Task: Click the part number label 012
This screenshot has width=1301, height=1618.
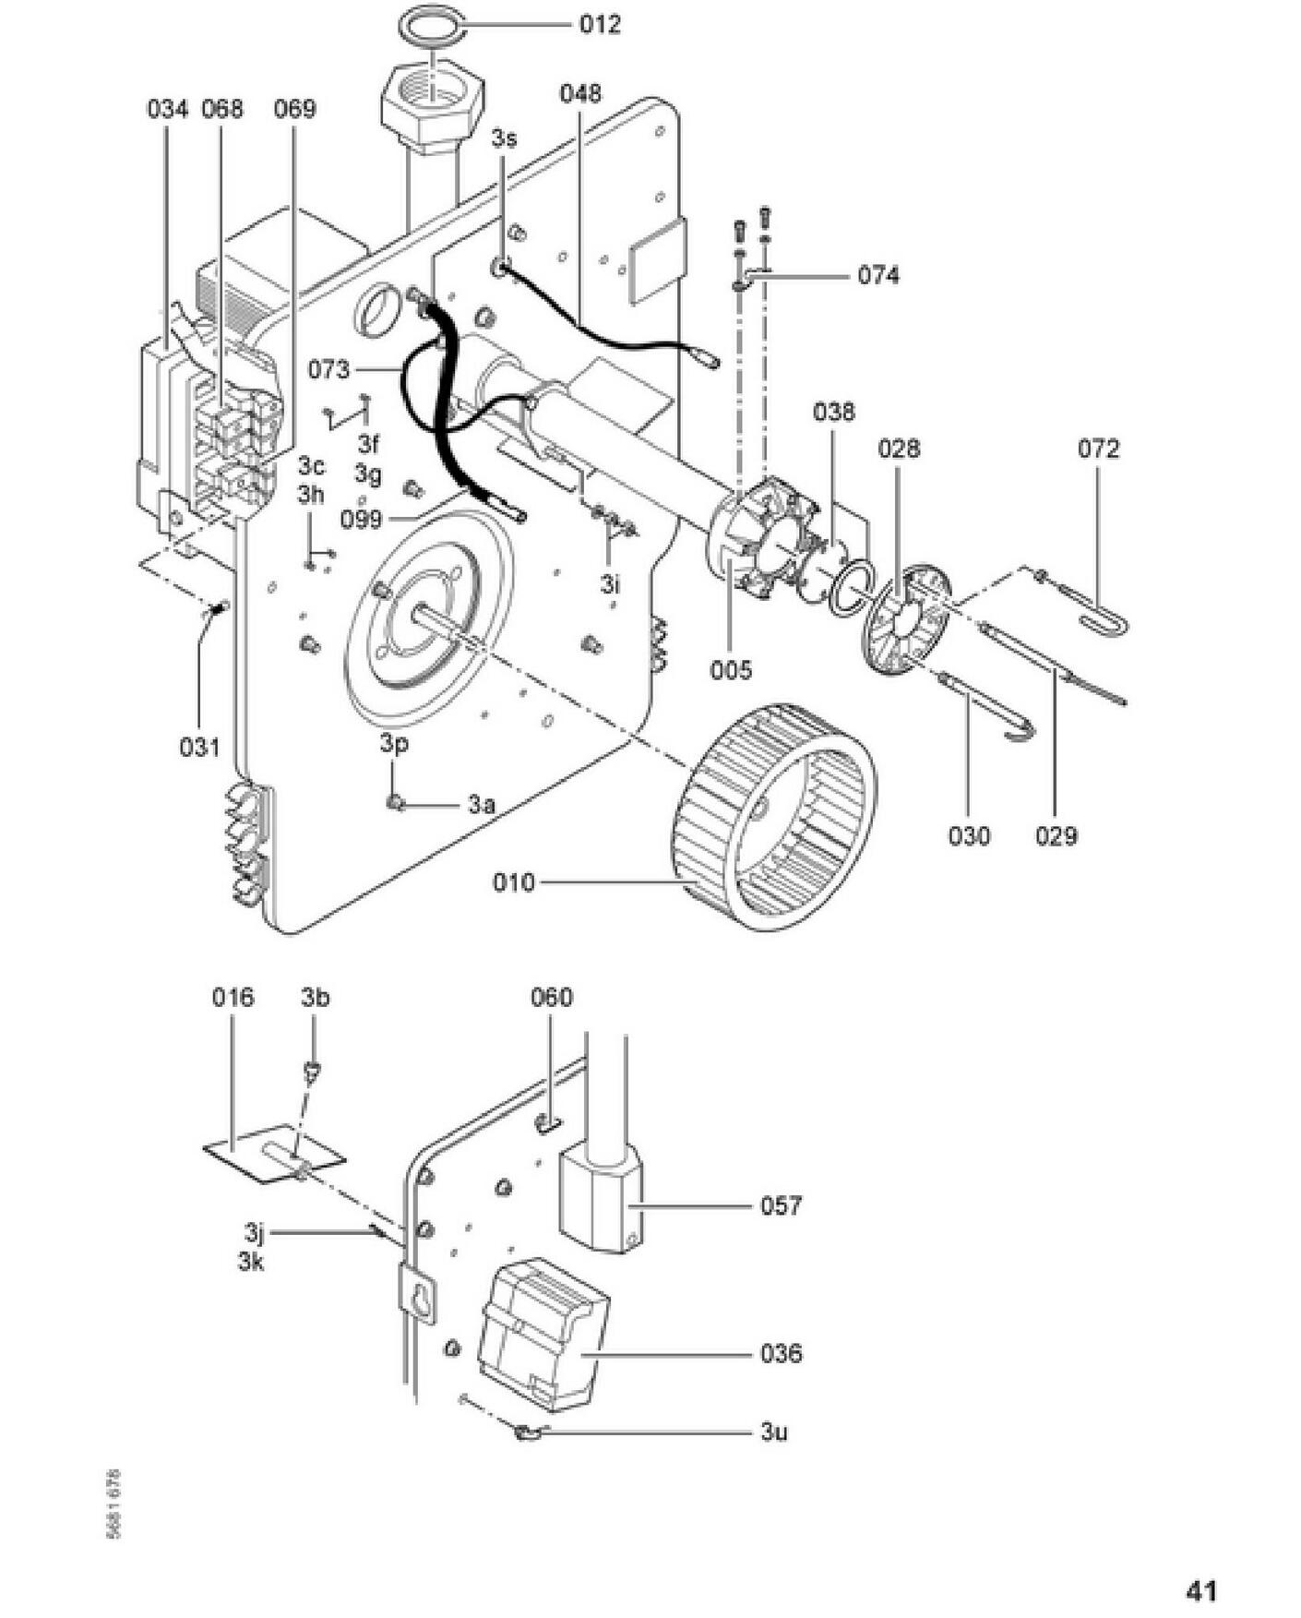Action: tap(600, 24)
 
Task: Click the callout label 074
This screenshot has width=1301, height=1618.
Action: tap(878, 275)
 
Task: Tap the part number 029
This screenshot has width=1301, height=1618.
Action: tap(1056, 835)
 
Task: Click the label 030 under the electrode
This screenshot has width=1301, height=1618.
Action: tap(969, 835)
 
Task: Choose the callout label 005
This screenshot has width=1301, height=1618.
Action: tap(731, 669)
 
